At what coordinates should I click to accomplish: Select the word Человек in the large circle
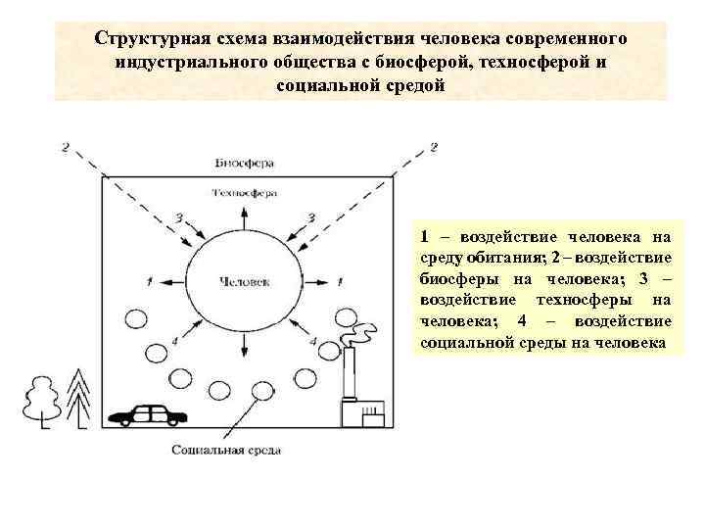pyautogui.click(x=246, y=281)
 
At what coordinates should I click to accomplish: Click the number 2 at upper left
pyautogui.click(x=66, y=148)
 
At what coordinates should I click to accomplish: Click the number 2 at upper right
pyautogui.click(x=432, y=148)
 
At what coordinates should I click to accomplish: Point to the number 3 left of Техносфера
pyautogui.click(x=178, y=216)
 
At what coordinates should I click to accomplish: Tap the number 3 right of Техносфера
pyautogui.click(x=311, y=216)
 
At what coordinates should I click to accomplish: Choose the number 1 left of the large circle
pyautogui.click(x=148, y=281)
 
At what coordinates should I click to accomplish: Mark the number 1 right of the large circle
pyautogui.click(x=342, y=281)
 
